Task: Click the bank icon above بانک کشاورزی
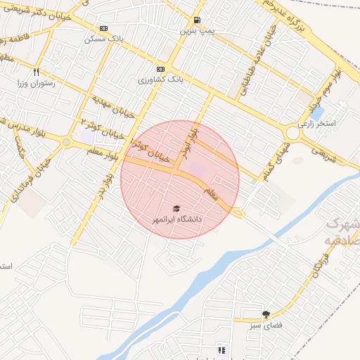click(161, 69)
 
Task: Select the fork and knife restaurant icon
click(36, 71)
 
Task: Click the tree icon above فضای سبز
click(266, 314)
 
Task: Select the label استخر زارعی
click(317, 123)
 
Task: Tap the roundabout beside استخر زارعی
click(292, 132)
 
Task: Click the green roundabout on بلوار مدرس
click(66, 142)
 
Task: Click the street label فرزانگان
click(315, 268)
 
